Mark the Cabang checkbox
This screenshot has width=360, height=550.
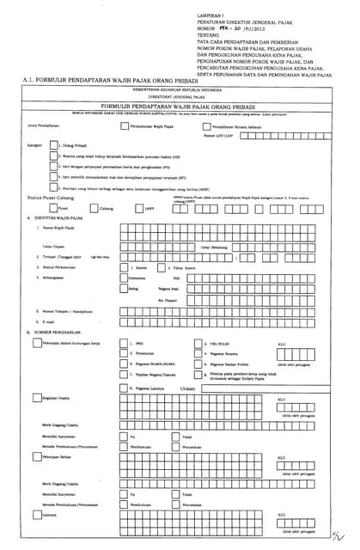95,207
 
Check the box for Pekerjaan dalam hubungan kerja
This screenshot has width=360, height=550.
35,342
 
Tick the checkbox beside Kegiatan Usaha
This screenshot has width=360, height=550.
35,398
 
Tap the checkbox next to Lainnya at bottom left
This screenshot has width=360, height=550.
35,515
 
